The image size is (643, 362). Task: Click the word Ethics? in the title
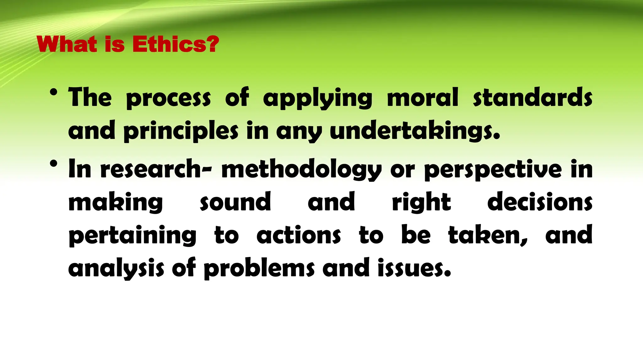(176, 44)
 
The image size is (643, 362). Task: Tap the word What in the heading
(67, 44)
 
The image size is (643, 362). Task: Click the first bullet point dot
(54, 92)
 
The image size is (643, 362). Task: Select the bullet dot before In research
(54, 164)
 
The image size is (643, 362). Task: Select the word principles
(181, 131)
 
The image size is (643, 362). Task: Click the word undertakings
(414, 131)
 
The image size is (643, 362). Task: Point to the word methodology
(301, 170)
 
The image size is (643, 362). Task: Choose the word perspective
(493, 170)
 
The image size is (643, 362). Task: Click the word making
(116, 203)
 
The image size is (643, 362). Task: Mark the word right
(421, 203)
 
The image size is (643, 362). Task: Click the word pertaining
(132, 236)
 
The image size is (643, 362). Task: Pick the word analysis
(116, 269)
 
